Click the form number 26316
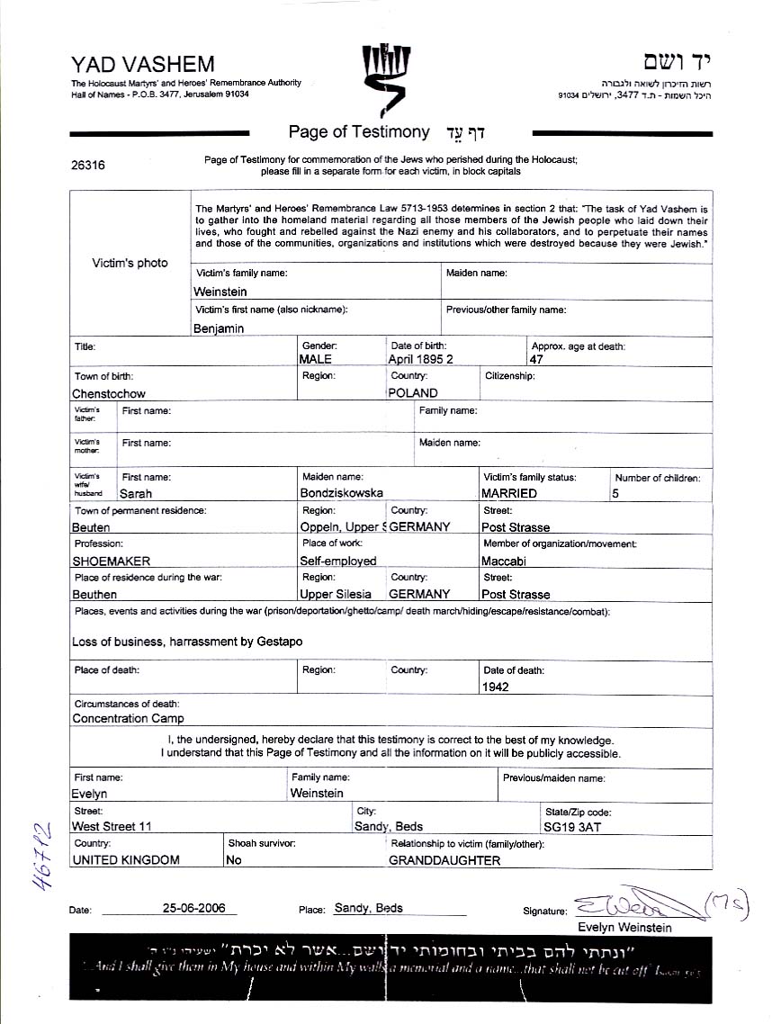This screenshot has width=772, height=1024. (x=87, y=166)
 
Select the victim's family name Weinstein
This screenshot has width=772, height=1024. (x=220, y=292)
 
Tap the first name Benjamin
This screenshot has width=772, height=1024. (x=219, y=328)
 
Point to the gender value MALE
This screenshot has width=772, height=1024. (x=315, y=359)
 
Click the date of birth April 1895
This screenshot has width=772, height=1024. (x=420, y=359)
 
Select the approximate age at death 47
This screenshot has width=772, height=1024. (x=537, y=359)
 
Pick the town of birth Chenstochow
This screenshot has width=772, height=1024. (x=109, y=393)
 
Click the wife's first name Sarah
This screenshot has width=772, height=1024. (x=136, y=493)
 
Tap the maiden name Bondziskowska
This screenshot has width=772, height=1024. (x=342, y=493)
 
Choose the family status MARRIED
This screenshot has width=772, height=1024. (x=509, y=493)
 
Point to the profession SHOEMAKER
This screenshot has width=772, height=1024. (x=112, y=561)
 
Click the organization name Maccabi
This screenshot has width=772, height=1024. (x=504, y=561)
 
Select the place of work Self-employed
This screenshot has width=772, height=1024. (x=339, y=561)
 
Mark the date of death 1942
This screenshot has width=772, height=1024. (x=496, y=687)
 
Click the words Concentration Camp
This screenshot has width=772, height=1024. (x=128, y=718)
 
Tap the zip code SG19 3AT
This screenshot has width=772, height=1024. (x=572, y=826)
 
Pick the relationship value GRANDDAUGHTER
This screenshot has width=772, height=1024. (x=444, y=860)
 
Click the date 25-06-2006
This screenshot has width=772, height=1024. (x=193, y=908)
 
